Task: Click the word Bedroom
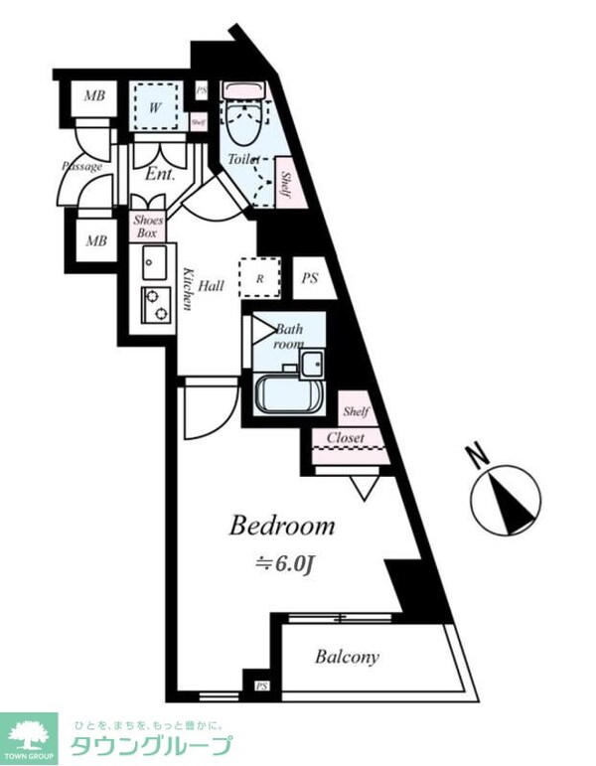click(x=282, y=526)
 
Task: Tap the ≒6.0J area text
click(x=286, y=564)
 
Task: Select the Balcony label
click(x=347, y=657)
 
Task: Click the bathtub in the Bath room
click(x=288, y=395)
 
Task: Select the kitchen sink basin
click(x=154, y=264)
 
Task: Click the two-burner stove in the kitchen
click(x=155, y=306)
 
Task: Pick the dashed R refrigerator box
click(x=259, y=278)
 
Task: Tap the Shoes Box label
click(x=148, y=227)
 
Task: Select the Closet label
click(x=345, y=437)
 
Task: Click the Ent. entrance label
click(x=160, y=174)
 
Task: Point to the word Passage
click(x=82, y=166)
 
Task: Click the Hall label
click(x=211, y=286)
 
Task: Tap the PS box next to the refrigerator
click(x=311, y=279)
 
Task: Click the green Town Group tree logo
click(x=30, y=738)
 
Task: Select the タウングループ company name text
click(x=149, y=746)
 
